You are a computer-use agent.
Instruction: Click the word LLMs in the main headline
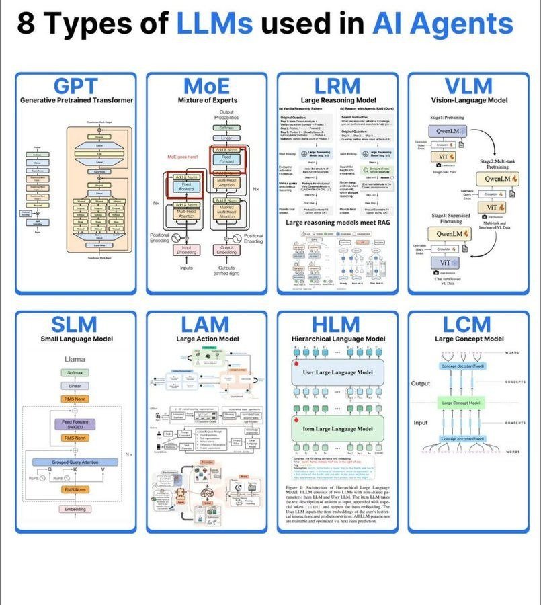(214, 24)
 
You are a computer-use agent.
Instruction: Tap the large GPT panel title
(75, 86)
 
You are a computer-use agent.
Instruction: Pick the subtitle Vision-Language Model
(468, 100)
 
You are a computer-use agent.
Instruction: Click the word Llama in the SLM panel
(75, 359)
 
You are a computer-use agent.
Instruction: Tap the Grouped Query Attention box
(75, 462)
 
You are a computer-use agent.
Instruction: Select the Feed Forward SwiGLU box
(75, 424)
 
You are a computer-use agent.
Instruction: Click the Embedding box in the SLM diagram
(75, 510)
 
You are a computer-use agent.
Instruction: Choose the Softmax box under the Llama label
(75, 372)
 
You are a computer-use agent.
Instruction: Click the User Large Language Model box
(338, 371)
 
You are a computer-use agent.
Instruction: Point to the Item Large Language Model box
(338, 428)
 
